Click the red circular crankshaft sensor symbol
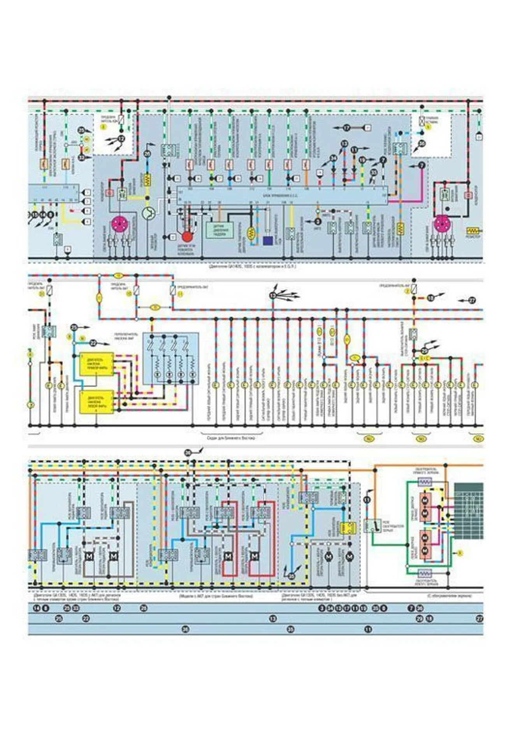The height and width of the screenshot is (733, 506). coord(187,236)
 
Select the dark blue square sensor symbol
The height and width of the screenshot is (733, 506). coord(268,241)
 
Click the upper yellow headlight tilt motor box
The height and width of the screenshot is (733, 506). coord(97,364)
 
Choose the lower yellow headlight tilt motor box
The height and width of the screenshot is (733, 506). coord(97,402)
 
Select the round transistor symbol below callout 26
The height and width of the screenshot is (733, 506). coord(148,213)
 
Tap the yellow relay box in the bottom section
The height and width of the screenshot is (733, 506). coord(348,527)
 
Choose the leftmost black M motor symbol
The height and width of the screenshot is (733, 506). coord(88,557)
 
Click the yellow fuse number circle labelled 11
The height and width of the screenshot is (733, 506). coord(180,295)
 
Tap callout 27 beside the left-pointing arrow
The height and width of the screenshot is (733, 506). coord(472,300)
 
